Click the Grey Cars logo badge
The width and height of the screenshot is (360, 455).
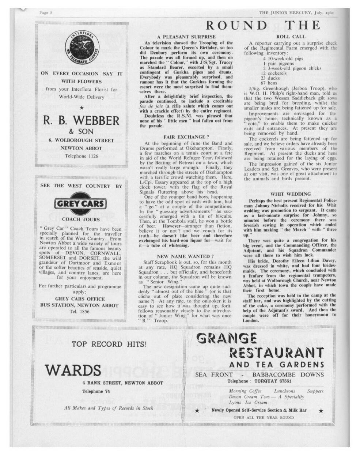click(x=81, y=204)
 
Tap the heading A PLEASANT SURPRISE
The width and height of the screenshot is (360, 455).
click(x=186, y=37)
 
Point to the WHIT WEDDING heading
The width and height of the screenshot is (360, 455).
click(x=291, y=194)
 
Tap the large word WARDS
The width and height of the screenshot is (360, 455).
click(x=73, y=370)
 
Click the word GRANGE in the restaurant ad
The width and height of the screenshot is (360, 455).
click(x=226, y=338)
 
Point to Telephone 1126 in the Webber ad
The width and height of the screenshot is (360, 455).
click(x=82, y=156)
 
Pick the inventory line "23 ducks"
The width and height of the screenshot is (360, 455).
click(x=269, y=78)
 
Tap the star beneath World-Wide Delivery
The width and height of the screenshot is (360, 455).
click(x=82, y=107)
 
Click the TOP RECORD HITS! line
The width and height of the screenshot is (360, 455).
click(x=109, y=344)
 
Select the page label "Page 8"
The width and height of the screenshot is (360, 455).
click(x=46, y=13)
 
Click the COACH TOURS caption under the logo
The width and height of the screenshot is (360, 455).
click(x=81, y=219)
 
